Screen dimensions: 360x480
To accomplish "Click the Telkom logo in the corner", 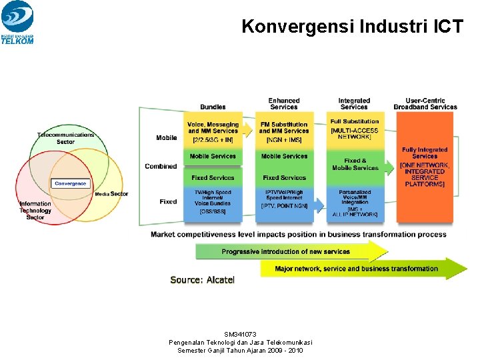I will click(17, 23).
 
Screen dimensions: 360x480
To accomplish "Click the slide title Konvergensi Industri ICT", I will click(352, 27).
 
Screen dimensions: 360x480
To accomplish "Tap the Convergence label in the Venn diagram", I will click(70, 183).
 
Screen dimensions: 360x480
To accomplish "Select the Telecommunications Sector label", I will click(65, 138).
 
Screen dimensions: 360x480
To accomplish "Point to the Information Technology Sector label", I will click(35, 210).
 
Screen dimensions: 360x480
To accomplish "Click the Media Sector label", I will click(111, 194).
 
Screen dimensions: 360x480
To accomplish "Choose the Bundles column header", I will click(213, 107).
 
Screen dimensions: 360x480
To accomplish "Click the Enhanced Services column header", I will click(284, 103).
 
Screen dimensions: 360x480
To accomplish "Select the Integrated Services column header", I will click(354, 103).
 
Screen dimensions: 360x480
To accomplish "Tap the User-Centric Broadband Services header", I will click(425, 103).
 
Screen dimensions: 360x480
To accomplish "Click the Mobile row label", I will click(167, 138).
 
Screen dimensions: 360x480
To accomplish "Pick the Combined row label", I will click(161, 166).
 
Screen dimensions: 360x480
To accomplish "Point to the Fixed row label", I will click(168, 201).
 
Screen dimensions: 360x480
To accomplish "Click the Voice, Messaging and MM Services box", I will click(213, 131).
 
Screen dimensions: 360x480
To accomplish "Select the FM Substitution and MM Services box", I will click(284, 131).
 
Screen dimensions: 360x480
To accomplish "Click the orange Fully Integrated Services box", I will click(425, 167).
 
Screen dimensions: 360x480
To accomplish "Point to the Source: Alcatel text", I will click(203, 280).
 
